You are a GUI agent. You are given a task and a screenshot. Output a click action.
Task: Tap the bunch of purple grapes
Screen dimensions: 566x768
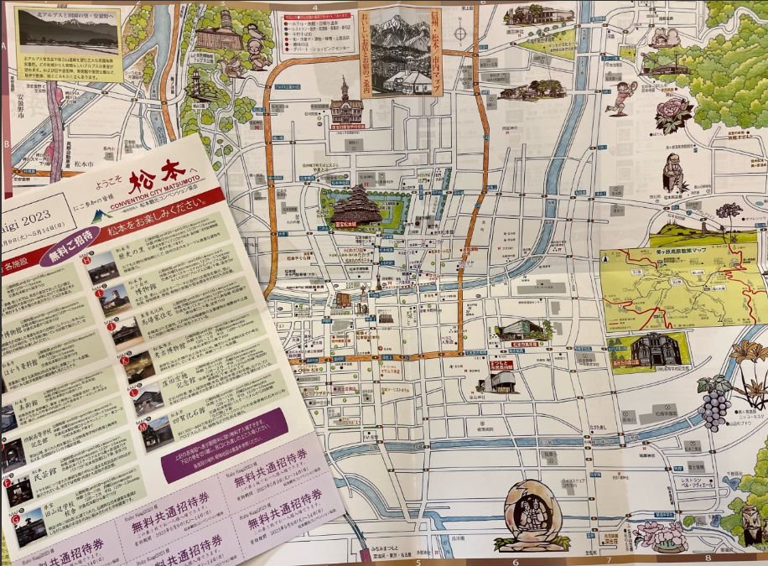715,402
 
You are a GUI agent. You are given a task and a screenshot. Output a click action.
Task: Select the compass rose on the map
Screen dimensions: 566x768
459,34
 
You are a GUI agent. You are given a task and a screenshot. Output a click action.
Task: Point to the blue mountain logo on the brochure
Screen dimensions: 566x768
101,217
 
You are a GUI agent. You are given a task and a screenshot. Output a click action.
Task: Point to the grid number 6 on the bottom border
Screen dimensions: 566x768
515,560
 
